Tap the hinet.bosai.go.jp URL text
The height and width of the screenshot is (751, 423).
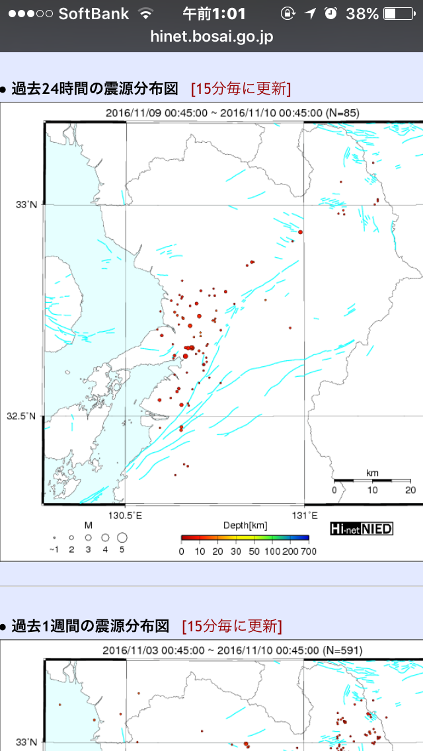[x=211, y=36]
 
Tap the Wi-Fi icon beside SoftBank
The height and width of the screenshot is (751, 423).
[x=145, y=13]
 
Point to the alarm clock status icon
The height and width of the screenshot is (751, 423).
[x=331, y=13]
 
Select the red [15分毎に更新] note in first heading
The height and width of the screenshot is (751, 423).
[x=241, y=89]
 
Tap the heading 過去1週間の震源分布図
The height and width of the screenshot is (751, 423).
[x=90, y=625]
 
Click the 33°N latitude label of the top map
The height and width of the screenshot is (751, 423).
[x=26, y=205]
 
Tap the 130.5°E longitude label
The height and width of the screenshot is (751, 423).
[x=126, y=515]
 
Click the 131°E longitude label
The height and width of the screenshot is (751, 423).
[x=304, y=515]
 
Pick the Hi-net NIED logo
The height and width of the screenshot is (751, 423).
[x=362, y=528]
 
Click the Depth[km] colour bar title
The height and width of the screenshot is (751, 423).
[x=245, y=526]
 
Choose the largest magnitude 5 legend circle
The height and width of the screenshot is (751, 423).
[x=122, y=537]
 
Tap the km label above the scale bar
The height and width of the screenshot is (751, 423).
[x=372, y=473]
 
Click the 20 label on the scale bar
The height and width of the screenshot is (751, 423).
[x=410, y=490]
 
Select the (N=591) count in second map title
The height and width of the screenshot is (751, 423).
[x=342, y=650]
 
